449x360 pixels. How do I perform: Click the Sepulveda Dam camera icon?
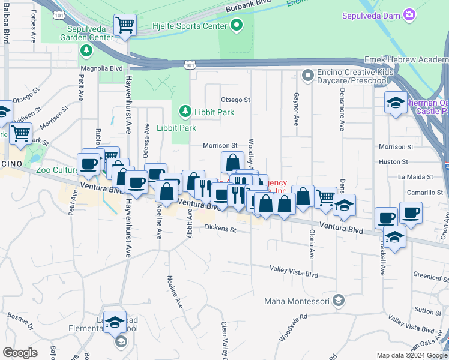409,14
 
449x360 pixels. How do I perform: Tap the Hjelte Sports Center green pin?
237,26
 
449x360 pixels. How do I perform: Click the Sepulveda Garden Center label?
90,32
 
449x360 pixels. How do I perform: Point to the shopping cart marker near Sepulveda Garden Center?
125,25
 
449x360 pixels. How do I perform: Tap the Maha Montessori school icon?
339,300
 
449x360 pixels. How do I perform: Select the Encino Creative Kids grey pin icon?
309,76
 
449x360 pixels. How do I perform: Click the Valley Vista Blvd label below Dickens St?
294,272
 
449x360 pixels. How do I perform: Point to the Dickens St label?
221,228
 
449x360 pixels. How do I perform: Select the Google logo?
20,353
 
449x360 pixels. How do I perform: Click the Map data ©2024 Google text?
411,355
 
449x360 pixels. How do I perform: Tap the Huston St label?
393,161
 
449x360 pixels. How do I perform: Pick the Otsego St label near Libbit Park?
235,100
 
